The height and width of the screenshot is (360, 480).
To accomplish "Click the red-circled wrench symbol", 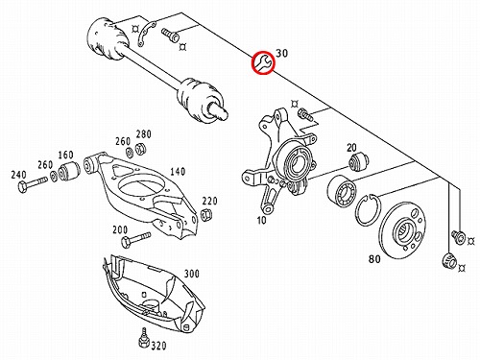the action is pos(262,62).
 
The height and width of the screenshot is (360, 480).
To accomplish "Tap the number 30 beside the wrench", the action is pos(281,53).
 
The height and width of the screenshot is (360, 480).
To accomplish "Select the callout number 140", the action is pos(178,172).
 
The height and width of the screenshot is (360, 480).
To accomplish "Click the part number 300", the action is pos(191,274).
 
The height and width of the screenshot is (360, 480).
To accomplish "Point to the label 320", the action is pos(158,346).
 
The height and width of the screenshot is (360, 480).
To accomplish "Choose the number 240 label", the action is pos(18,175).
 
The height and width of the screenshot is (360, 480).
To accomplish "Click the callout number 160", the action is pos(65,155).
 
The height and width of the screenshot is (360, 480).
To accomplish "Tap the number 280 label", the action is pos(143,134).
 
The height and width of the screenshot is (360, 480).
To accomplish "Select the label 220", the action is pos(209,201).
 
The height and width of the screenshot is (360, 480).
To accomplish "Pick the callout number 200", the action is pos(120,229).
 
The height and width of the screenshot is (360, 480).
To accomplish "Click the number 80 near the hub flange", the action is pos(374,258).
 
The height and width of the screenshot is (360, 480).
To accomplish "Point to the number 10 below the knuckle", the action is pos(261,220).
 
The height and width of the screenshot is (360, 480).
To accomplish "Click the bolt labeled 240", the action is pos(33,184).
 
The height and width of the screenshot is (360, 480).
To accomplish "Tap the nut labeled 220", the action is pos(205,214).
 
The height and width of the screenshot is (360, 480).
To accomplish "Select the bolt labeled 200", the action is pos(135,239).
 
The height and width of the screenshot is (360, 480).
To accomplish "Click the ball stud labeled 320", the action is pos(144,338).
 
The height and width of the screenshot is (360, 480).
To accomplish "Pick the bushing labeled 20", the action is pos(358,161).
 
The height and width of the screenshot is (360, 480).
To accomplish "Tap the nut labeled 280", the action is pos(140,149).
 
